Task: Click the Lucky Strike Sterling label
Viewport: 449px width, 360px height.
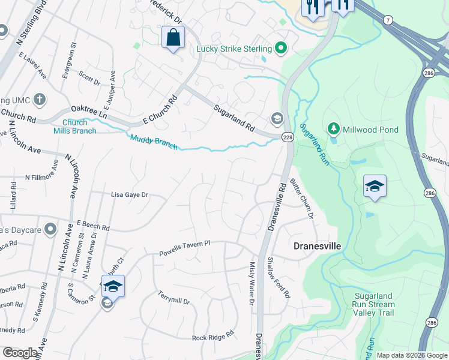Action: tap(235, 48)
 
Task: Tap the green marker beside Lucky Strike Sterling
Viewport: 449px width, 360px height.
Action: tap(280, 48)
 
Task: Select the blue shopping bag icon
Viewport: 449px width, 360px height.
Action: tap(173, 38)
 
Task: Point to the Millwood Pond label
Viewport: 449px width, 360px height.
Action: tap(370, 130)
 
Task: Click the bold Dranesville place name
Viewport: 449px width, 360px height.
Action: tap(317, 246)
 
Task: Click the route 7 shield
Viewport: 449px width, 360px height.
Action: tap(388, 21)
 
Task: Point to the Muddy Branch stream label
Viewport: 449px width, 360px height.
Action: tap(154, 142)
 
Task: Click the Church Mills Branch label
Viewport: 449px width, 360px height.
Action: tap(74, 127)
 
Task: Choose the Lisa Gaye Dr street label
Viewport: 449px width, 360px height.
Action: tap(129, 195)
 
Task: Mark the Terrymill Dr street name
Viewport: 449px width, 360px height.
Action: tap(173, 297)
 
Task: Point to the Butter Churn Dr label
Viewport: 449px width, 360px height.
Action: tap(302, 198)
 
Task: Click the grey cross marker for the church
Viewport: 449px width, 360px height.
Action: tap(39, 99)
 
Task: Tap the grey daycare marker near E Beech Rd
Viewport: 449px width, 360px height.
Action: tap(50, 229)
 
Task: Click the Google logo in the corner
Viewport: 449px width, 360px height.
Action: tap(20, 353)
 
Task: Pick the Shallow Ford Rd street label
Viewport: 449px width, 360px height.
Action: tap(279, 277)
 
